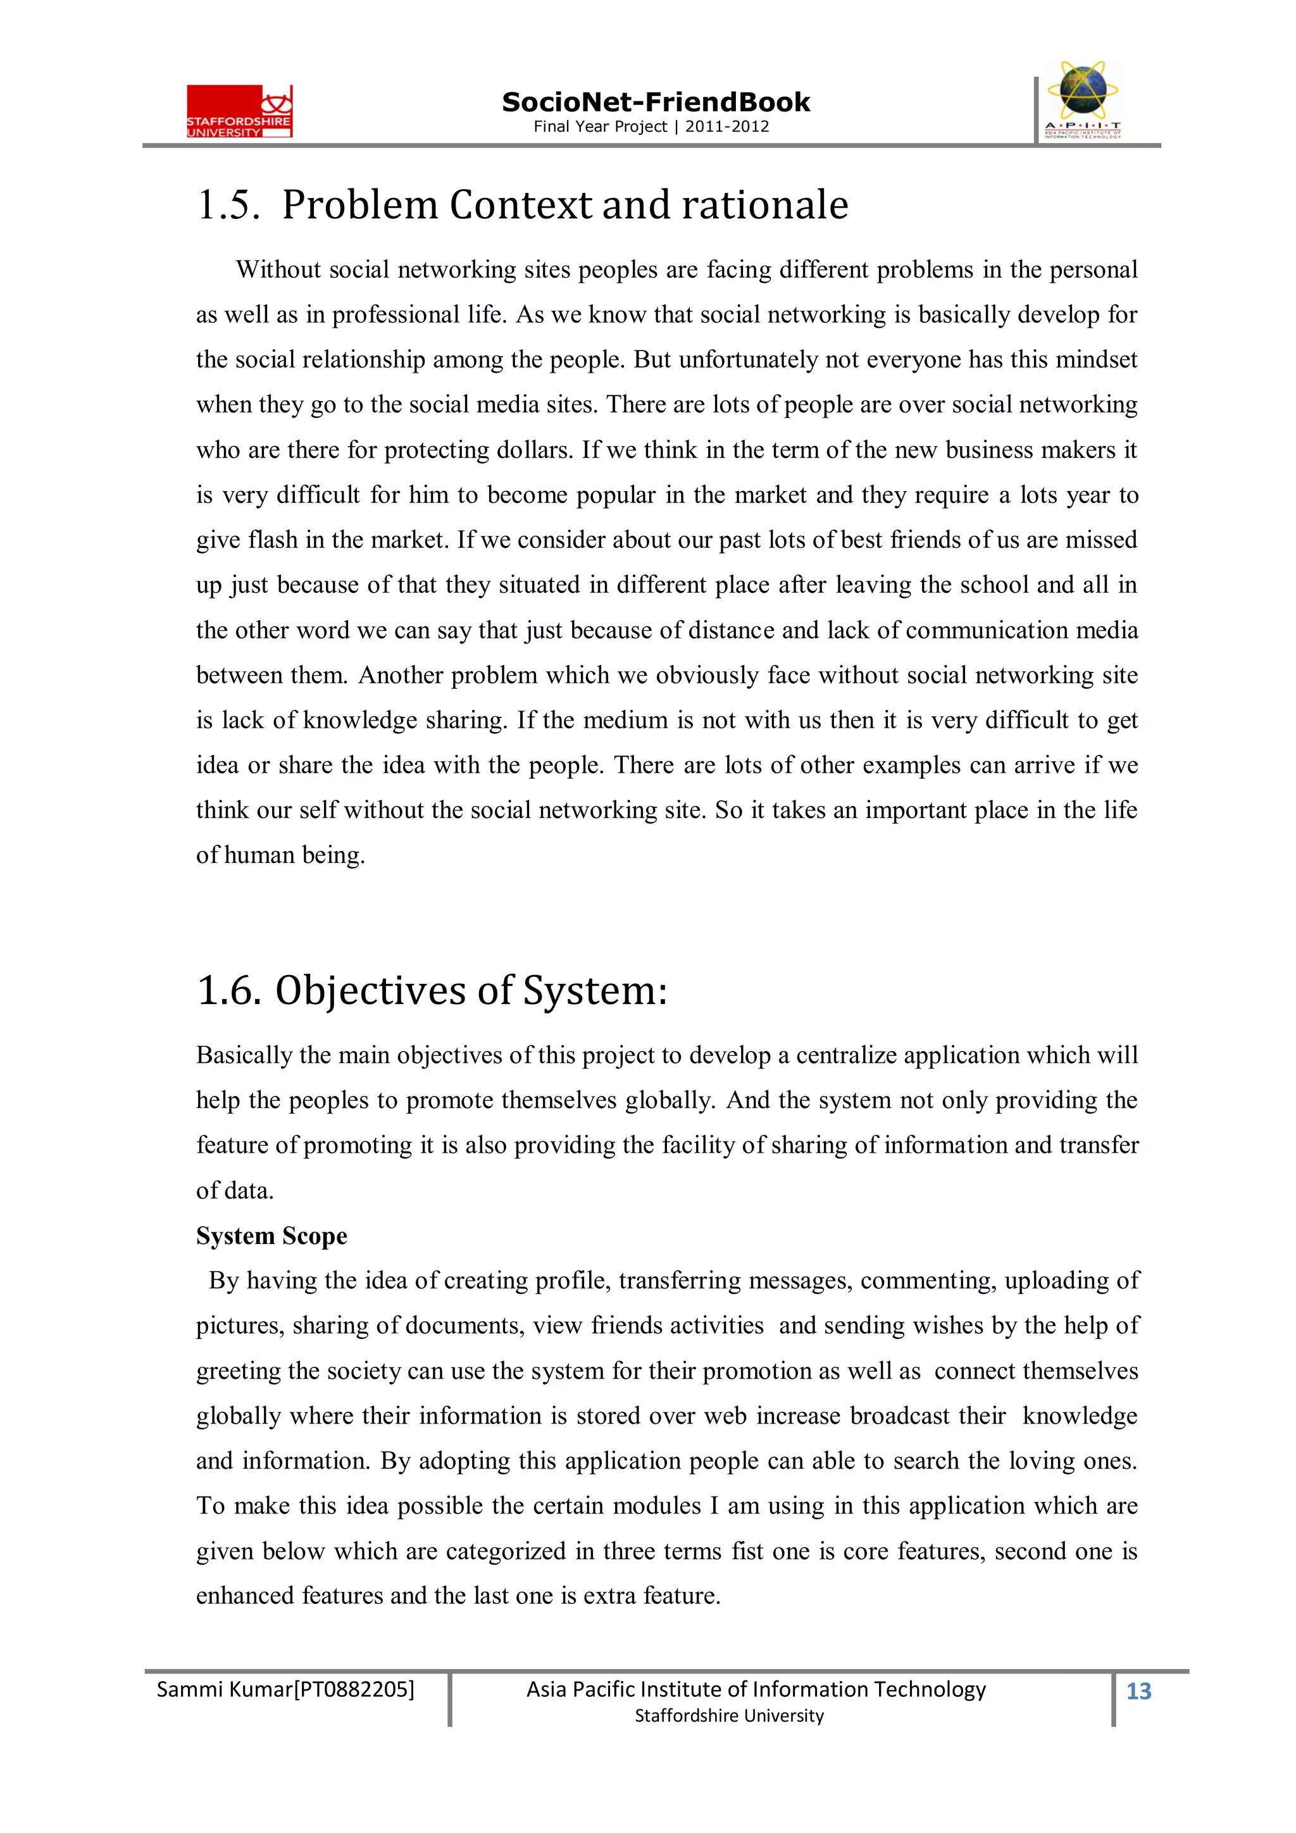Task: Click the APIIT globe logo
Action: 1081,100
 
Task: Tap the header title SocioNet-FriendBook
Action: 656,103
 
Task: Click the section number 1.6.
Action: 228,991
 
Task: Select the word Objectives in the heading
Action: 371,991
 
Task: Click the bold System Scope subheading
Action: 271,1236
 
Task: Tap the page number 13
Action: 1138,1691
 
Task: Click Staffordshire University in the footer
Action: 728,1716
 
